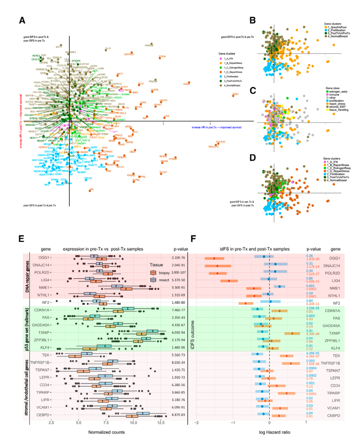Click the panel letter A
[x=22, y=21]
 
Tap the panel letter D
[x=253, y=158]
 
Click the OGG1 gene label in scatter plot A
[x=236, y=94]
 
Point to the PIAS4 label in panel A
[x=186, y=84]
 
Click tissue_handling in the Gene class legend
[x=338, y=110]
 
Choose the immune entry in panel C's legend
[x=334, y=95]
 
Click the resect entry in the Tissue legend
[x=164, y=280]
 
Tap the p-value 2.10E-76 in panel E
[x=178, y=258]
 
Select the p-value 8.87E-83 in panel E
[x=178, y=415]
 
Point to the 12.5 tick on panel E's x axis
[x=160, y=422]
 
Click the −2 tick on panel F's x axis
[x=196, y=422]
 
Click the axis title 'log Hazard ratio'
[x=274, y=432]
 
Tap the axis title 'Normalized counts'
[x=106, y=432]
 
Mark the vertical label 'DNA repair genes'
[x=27, y=276]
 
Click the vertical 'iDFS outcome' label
[x=192, y=335]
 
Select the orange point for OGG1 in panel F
[x=214, y=259]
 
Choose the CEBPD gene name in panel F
[x=333, y=416]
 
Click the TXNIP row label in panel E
[x=43, y=333]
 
